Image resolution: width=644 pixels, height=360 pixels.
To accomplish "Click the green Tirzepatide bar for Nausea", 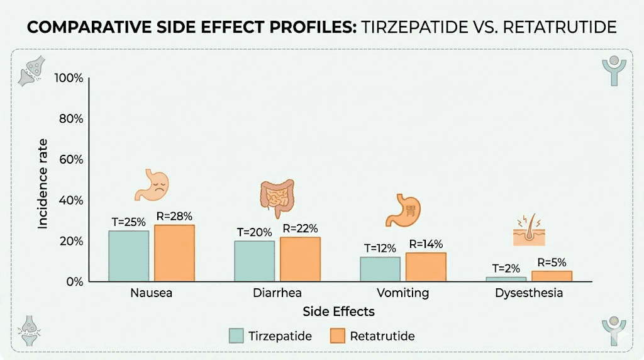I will pyautogui.click(x=129, y=256).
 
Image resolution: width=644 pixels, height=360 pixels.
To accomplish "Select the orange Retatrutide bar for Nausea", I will pyautogui.click(x=174, y=253).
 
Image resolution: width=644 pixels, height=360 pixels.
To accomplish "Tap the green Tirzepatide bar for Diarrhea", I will pyautogui.click(x=255, y=261).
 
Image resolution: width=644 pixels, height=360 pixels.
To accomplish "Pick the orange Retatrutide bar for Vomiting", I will pyautogui.click(x=426, y=267).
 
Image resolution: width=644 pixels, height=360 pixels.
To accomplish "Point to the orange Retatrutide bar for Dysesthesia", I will pyautogui.click(x=552, y=276).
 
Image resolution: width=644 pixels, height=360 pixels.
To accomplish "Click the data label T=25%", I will pyautogui.click(x=129, y=222).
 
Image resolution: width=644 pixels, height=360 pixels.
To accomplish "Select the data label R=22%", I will pyautogui.click(x=300, y=228).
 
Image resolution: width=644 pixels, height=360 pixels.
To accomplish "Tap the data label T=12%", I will pyautogui.click(x=380, y=247).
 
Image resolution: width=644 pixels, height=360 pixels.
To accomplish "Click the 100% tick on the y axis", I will pyautogui.click(x=69, y=78).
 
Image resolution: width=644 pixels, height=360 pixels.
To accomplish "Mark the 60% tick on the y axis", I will pyautogui.click(x=71, y=159).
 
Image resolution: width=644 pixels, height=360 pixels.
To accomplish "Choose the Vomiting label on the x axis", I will pyautogui.click(x=402, y=293).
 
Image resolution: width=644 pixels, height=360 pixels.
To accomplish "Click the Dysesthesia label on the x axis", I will pyautogui.click(x=529, y=293).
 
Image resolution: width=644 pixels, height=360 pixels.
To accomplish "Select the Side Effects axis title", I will pyautogui.click(x=338, y=312).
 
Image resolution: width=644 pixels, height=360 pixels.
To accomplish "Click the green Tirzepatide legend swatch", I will pyautogui.click(x=236, y=336).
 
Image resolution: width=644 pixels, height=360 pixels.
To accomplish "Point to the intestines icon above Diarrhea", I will pyautogui.click(x=277, y=195).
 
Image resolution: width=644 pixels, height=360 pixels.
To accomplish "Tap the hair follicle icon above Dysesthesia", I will pyautogui.click(x=528, y=231).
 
